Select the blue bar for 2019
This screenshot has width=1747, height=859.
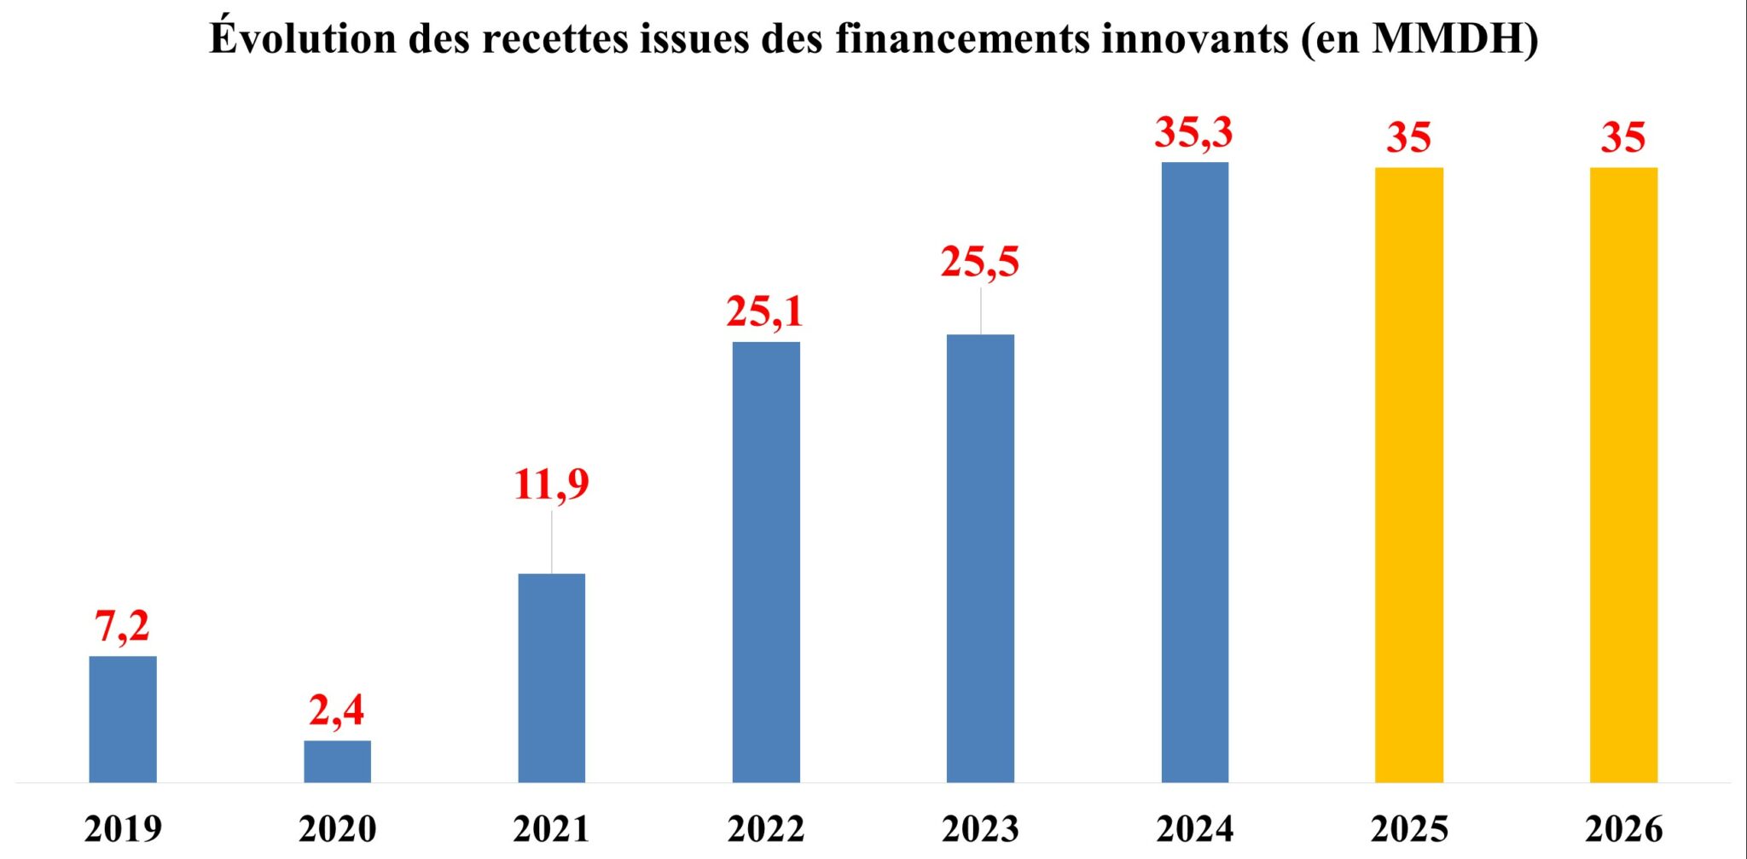(x=123, y=719)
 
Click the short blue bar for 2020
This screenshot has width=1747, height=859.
(x=338, y=761)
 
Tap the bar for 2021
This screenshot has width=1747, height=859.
(x=552, y=678)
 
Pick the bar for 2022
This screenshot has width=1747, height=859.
(x=766, y=562)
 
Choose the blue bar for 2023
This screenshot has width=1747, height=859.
(x=980, y=559)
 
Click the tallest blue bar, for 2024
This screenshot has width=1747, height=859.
(x=1195, y=472)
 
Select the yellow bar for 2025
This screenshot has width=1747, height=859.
(x=1409, y=474)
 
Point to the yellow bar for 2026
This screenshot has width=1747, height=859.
(x=1623, y=474)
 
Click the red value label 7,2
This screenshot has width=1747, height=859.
(x=123, y=627)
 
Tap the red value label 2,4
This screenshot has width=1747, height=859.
(x=337, y=711)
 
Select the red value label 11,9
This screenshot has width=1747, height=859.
(x=551, y=485)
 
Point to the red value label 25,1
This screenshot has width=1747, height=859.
(x=765, y=312)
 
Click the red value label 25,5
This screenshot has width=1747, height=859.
(x=980, y=262)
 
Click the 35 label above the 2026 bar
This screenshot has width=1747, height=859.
(x=1623, y=138)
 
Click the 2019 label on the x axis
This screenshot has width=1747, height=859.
(x=123, y=829)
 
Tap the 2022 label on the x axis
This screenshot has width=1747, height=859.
(x=766, y=829)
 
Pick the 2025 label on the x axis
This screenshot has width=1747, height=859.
(x=1409, y=829)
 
